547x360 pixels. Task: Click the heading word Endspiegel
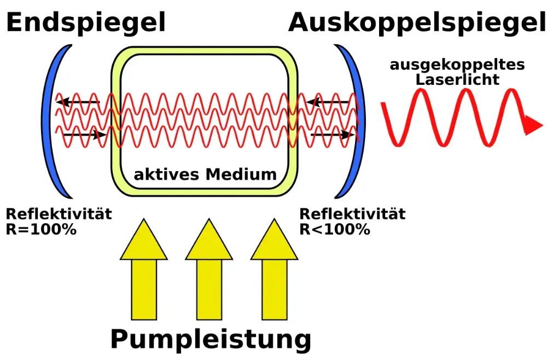[x=86, y=23]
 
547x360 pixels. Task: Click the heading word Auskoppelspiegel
[x=416, y=23]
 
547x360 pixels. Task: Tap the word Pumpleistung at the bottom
[x=211, y=339]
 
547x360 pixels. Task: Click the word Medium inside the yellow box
[x=241, y=175]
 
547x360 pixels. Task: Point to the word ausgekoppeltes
[x=457, y=65]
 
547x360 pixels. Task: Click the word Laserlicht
[x=457, y=79]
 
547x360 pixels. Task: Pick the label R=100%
[x=41, y=228]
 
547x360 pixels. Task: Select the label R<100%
[x=334, y=228]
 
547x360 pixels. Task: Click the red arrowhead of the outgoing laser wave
[x=532, y=125]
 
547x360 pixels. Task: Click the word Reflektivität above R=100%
[x=59, y=214]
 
